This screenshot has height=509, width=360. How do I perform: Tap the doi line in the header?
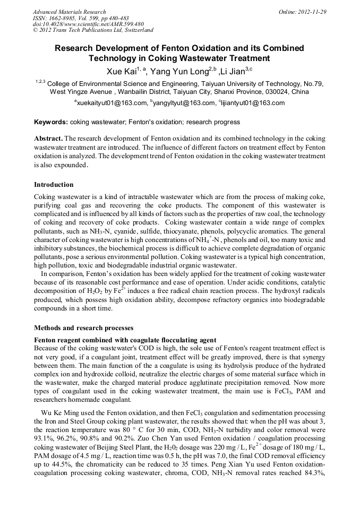(88, 24)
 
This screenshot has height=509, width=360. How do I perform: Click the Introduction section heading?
(54, 185)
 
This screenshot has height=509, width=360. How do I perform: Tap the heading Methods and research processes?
(83, 328)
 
